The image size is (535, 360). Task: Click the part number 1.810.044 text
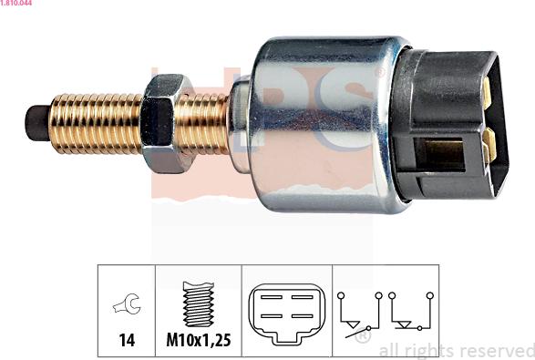click(16, 3)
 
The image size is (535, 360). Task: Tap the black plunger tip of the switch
click(36, 123)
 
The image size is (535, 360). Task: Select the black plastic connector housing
click(450, 125)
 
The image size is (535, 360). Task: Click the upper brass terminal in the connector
click(488, 92)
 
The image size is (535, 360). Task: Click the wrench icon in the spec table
click(127, 303)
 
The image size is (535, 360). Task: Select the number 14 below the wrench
click(127, 340)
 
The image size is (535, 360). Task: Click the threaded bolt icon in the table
click(199, 304)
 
